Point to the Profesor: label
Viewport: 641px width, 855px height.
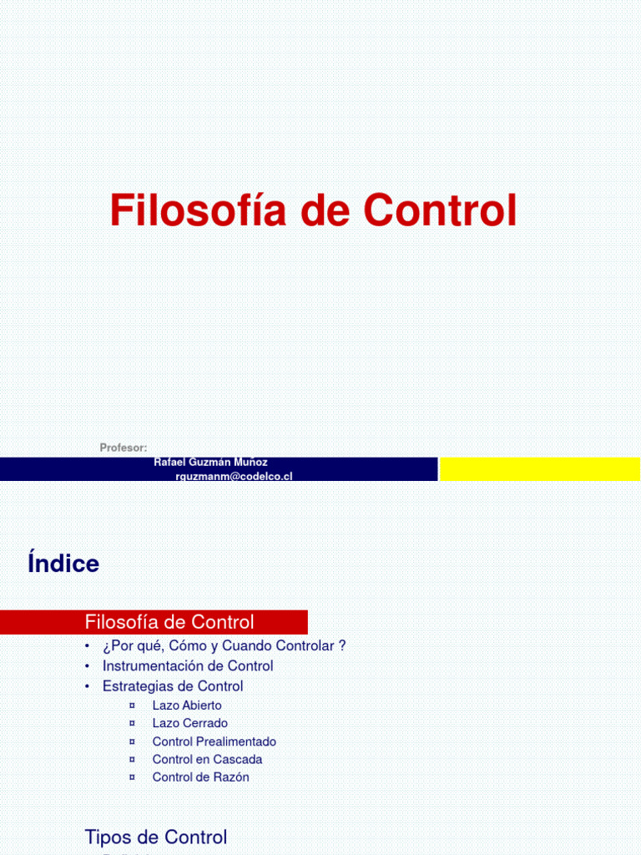(x=124, y=448)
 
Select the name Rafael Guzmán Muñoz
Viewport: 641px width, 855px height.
(x=211, y=463)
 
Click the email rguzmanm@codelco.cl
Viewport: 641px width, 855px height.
(x=234, y=476)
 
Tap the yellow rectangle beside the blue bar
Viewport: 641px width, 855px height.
(x=540, y=469)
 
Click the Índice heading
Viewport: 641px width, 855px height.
(x=63, y=564)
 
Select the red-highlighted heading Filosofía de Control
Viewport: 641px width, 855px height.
(x=169, y=622)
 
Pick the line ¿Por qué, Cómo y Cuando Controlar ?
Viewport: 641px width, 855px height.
(x=224, y=646)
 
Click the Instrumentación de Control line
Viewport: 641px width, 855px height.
(x=188, y=666)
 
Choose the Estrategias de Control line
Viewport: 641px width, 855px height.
(x=173, y=686)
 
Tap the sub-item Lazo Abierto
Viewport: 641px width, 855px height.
(x=187, y=706)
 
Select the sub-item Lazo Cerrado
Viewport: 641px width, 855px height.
(x=189, y=723)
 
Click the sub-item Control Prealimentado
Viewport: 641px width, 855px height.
(x=214, y=741)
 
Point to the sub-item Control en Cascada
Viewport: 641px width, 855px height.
(x=207, y=759)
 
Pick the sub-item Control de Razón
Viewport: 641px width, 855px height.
(x=200, y=777)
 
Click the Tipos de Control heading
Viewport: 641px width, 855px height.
(x=155, y=814)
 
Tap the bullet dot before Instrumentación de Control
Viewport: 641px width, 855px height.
(x=87, y=666)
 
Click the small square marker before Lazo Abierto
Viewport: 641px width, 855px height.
(x=132, y=706)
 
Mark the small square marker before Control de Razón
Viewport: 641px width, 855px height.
(x=132, y=777)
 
